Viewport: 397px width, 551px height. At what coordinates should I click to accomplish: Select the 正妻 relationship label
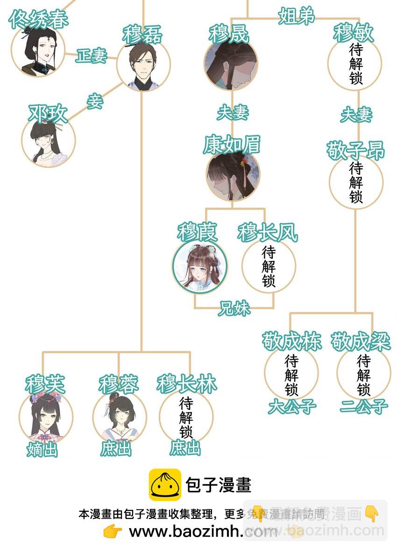92,56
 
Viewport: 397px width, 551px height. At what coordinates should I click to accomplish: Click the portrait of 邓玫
49,139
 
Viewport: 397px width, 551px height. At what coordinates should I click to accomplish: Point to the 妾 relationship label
95,101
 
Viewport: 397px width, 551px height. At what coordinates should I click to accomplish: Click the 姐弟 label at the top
297,16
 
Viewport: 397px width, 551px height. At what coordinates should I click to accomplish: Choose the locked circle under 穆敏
355,64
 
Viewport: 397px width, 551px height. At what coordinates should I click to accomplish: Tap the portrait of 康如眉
233,174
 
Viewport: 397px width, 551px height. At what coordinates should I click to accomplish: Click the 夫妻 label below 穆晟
233,113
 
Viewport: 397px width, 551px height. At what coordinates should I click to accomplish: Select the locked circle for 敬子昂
356,182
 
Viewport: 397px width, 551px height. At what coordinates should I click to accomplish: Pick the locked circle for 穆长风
269,266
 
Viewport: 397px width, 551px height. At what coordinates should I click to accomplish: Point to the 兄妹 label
234,308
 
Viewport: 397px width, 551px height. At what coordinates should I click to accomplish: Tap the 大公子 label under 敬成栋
292,406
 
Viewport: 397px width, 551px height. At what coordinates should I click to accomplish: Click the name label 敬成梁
361,342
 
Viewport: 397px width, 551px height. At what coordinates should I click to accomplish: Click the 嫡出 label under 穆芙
42,450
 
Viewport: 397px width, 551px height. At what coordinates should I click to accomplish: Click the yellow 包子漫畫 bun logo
165,485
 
